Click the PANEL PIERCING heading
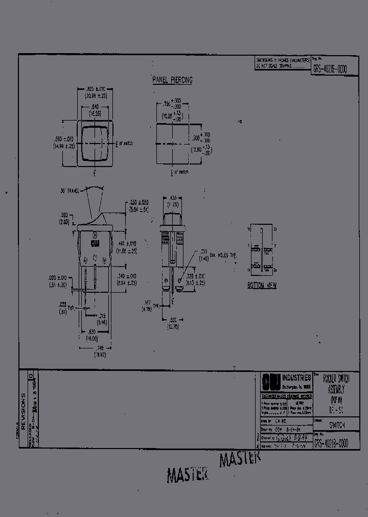tap(172, 80)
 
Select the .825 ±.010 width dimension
tap(95, 89)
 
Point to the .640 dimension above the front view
tap(95, 106)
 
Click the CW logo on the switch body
tap(95, 244)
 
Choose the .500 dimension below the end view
tap(173, 320)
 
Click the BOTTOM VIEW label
tap(262, 286)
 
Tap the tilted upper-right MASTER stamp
tap(240, 459)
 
